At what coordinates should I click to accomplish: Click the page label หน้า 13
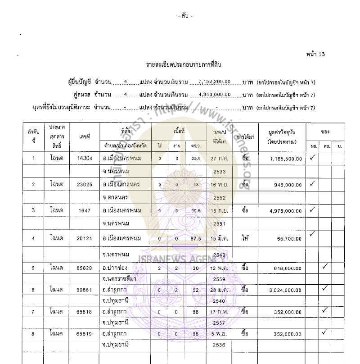(x=315, y=55)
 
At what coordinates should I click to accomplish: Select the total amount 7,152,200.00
(x=215, y=82)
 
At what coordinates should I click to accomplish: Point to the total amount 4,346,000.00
(x=215, y=95)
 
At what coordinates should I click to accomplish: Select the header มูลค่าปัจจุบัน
(x=283, y=131)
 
